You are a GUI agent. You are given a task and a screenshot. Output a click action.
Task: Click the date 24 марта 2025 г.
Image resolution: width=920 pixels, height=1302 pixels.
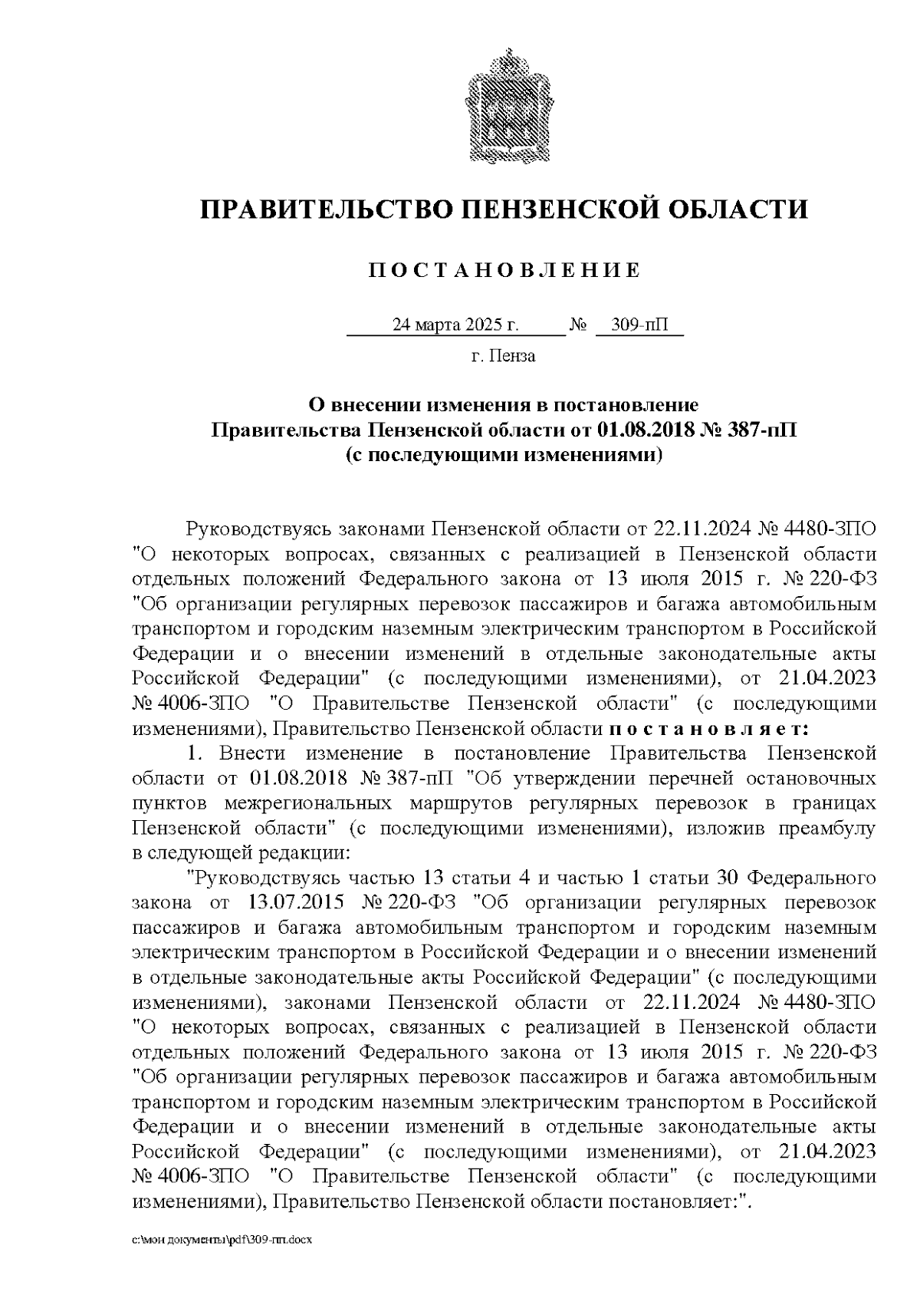pos(455,325)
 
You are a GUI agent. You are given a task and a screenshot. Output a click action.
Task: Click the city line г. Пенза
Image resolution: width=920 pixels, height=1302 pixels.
pos(503,356)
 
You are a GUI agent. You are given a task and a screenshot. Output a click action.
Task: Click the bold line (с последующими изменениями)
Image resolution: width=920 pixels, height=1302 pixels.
pos(503,454)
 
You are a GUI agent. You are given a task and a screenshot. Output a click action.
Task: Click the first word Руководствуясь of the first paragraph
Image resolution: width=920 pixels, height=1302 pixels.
pos(245,529)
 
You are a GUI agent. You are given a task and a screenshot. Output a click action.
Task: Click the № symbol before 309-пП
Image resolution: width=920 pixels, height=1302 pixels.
pos(578,325)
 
